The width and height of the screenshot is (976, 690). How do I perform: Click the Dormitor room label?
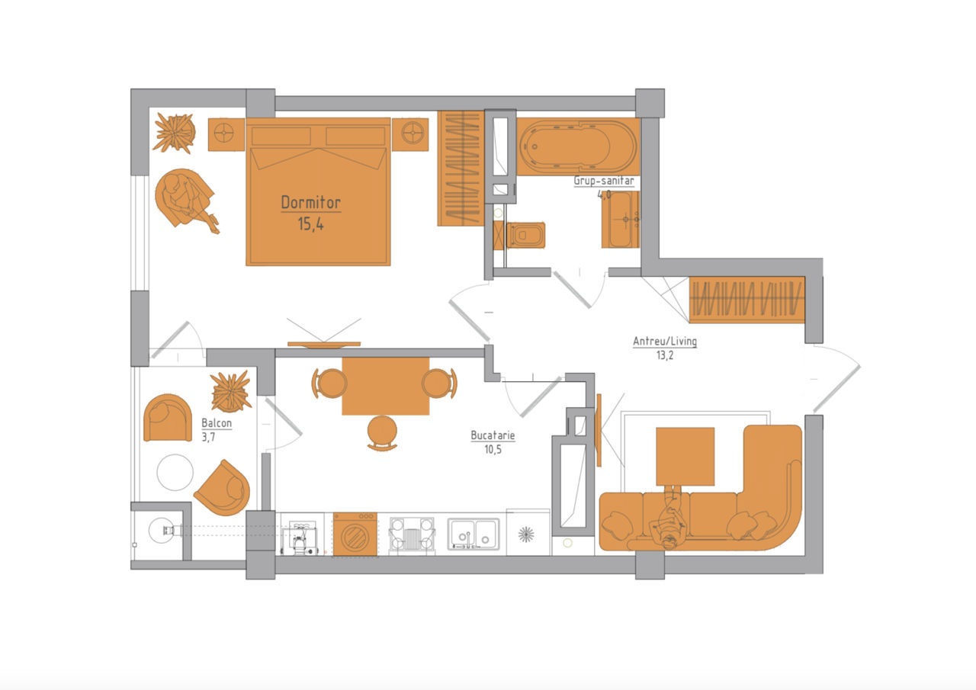click(x=310, y=203)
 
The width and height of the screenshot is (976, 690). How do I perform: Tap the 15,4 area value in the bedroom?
click(x=310, y=224)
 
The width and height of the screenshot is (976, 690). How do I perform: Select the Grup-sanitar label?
click(x=603, y=181)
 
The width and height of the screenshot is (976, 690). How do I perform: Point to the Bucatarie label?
click(x=493, y=435)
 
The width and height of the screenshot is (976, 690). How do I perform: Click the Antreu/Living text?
click(x=665, y=341)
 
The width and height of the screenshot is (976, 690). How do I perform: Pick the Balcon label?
click(x=217, y=423)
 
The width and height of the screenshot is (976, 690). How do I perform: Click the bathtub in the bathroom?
click(x=578, y=146)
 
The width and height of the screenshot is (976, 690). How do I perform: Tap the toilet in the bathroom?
click(x=525, y=236)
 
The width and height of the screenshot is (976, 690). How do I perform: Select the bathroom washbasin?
click(x=621, y=220)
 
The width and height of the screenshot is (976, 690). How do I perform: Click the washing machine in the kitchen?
click(x=355, y=534)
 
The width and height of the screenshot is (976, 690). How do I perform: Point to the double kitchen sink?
click(x=474, y=534)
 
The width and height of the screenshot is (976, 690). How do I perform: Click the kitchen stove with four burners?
click(x=412, y=535)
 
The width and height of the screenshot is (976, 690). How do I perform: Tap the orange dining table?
click(x=386, y=386)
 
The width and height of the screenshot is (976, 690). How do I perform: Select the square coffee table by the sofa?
click(x=685, y=456)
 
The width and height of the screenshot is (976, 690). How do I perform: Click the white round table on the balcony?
click(x=175, y=473)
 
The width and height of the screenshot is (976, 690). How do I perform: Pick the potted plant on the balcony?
click(x=231, y=391)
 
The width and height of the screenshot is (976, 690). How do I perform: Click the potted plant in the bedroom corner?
click(x=175, y=133)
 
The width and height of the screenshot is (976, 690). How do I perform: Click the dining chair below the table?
click(x=382, y=433)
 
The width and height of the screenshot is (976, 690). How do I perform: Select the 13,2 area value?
click(x=665, y=355)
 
